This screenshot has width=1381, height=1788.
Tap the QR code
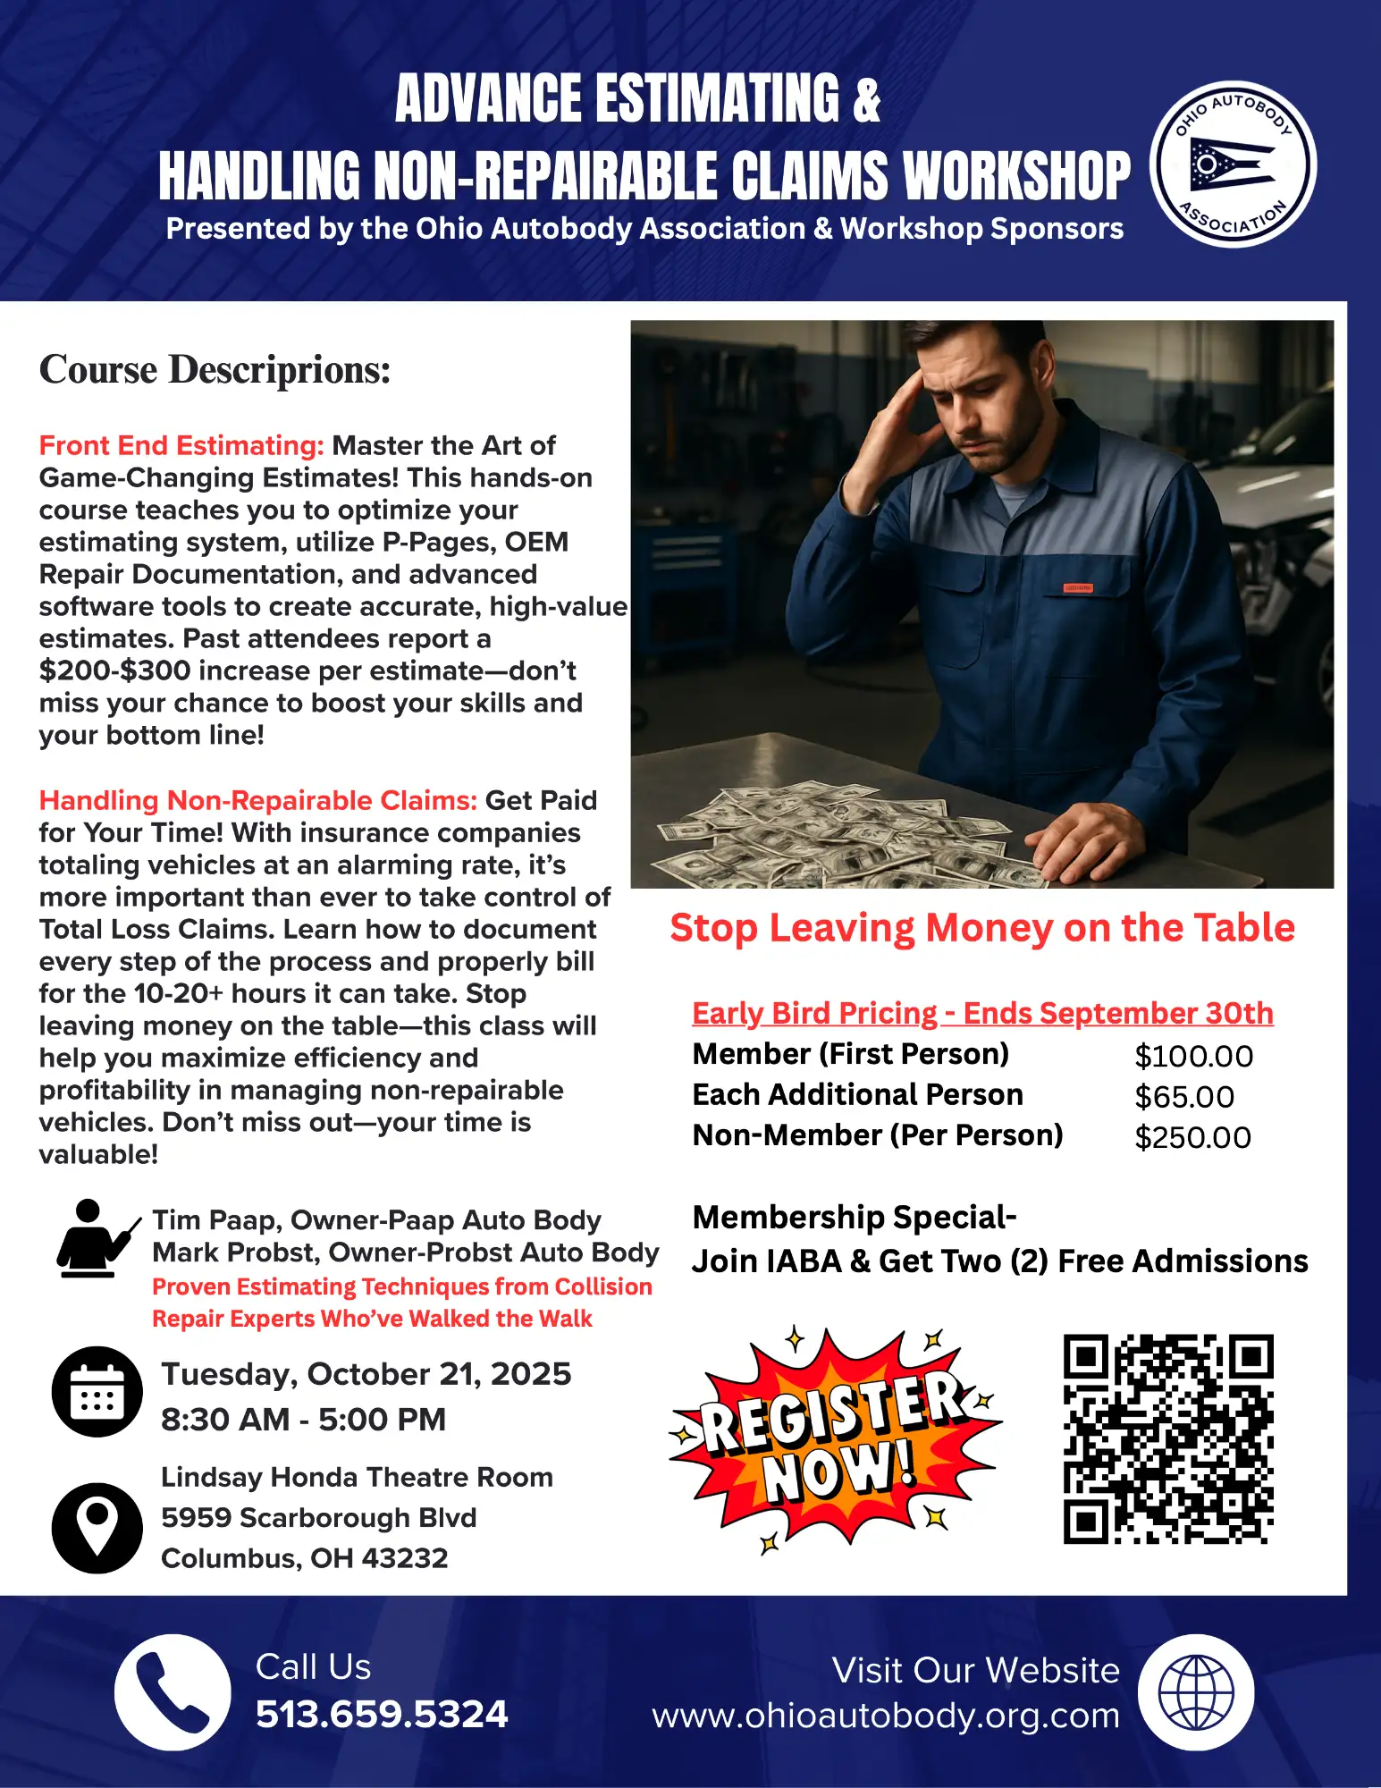(1168, 1439)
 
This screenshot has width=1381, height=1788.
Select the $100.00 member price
(1193, 1056)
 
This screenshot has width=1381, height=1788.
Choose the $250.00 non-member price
(1192, 1137)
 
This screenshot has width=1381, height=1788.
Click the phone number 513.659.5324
(382, 1714)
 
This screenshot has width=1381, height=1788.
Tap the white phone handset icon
(173, 1692)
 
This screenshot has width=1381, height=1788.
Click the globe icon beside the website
(1196, 1692)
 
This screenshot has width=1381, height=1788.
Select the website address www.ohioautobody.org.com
(885, 1716)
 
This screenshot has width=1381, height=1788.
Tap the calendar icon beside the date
(97, 1392)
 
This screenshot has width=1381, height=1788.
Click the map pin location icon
(97, 1528)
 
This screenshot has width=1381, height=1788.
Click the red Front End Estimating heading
(181, 445)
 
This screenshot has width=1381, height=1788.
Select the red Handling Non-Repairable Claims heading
(257, 800)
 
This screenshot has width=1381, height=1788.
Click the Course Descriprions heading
(215, 369)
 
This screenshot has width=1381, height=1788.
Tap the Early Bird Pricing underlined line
(982, 1013)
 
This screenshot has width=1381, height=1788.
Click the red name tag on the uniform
(1077, 587)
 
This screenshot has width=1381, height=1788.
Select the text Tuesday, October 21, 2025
(366, 1373)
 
